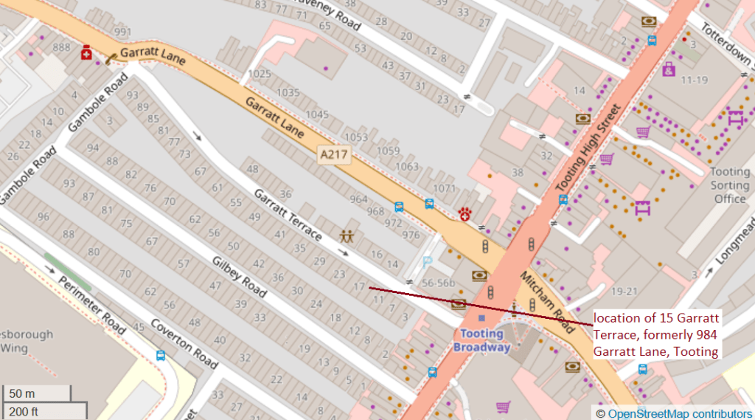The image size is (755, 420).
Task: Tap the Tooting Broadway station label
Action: pos(481,340)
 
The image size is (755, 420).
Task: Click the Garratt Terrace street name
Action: pos(288,215)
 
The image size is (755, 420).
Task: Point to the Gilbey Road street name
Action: pos(239,277)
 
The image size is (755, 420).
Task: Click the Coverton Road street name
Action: pos(184,344)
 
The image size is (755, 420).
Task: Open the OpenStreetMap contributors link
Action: pos(679,413)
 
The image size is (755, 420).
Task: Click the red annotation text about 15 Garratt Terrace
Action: pos(656,334)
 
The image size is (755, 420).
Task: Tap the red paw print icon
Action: pos(465,214)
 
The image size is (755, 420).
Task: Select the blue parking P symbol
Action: pos(427,261)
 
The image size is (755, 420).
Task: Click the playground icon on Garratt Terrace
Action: pos(346,236)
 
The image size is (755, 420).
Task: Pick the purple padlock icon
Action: pos(668,69)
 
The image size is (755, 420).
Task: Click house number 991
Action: pos(122,32)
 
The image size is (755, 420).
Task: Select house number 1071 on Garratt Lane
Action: pos(445,189)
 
